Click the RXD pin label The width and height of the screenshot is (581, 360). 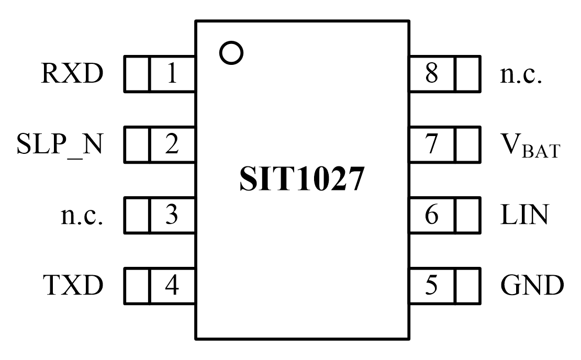73,74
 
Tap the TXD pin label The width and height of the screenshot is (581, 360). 73,286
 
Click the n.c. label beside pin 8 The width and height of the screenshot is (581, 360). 521,74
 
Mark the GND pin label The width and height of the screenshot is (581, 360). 532,286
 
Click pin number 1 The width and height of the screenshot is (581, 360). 172,74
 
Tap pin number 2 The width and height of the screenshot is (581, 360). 172,145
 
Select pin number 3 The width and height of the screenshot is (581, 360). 172,215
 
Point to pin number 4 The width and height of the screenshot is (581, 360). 172,286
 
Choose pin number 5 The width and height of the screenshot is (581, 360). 432,286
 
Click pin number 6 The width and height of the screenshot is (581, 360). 432,215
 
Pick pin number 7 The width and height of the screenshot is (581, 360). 432,145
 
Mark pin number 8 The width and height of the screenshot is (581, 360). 432,74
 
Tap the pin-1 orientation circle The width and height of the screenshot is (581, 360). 231,53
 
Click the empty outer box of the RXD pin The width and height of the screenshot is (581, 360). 136,74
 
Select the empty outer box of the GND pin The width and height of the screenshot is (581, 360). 467,286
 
